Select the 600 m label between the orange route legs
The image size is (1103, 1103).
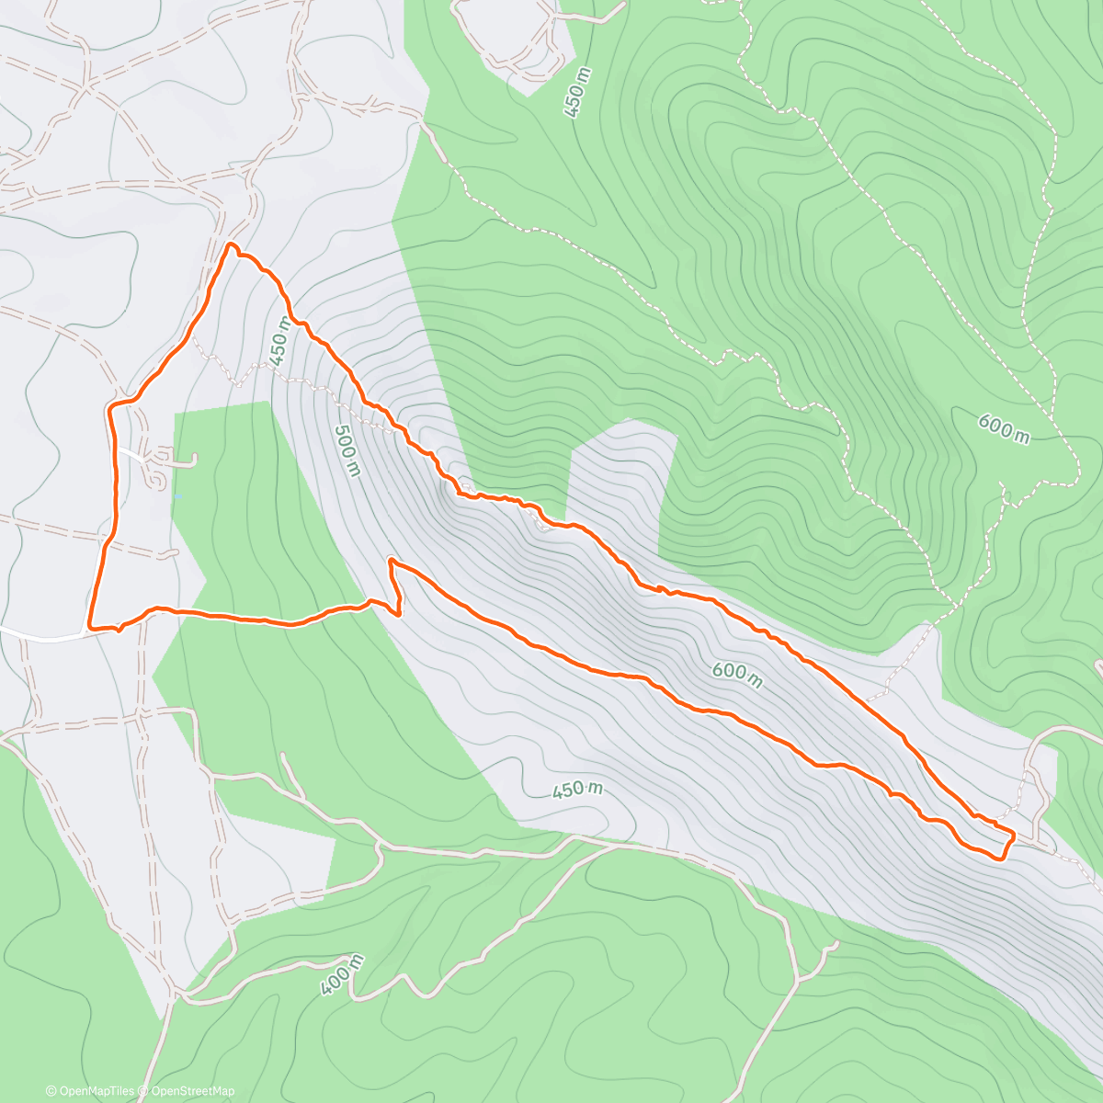click(x=737, y=675)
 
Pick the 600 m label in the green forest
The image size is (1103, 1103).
click(x=1003, y=427)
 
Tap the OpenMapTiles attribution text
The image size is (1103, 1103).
click(x=97, y=1091)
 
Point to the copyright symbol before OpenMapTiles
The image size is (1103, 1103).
click(x=51, y=1091)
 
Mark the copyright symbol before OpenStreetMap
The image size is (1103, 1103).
click(x=144, y=1091)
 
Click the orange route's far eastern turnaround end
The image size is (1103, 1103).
click(x=1011, y=836)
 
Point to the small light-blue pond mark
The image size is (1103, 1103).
click(x=177, y=496)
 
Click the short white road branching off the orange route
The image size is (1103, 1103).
click(x=130, y=453)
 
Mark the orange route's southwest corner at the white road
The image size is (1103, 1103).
click(x=90, y=627)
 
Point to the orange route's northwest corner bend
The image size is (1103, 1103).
click(x=111, y=406)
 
